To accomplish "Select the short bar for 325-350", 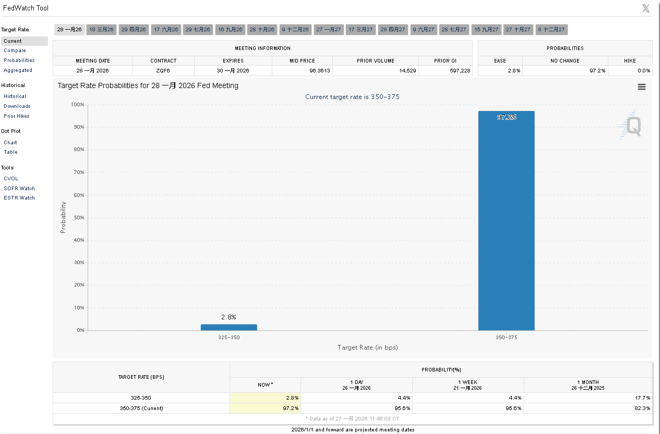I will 229,327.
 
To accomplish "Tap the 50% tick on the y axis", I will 78,217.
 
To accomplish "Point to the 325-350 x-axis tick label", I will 229,338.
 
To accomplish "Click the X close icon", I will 646,8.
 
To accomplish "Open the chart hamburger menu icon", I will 642,87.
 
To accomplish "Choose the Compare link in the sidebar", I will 15,51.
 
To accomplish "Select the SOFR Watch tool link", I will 19,188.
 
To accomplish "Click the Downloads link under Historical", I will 17,106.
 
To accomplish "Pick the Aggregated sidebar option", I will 18,70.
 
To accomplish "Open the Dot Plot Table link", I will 10,152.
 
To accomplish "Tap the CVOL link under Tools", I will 11,178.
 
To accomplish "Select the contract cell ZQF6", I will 163,70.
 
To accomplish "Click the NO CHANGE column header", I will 565,60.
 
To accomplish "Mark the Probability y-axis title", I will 63,217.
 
